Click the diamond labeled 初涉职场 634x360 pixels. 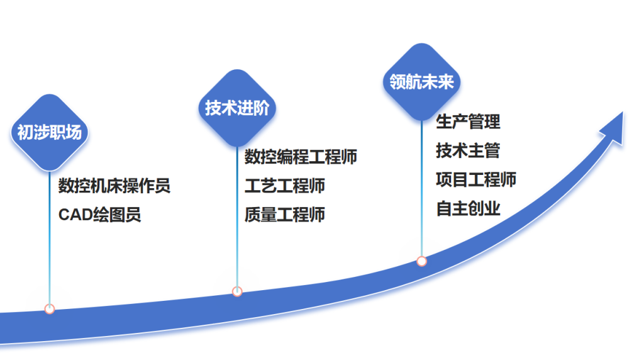pyautogui.click(x=50, y=133)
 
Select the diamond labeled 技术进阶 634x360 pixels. pyautogui.click(x=237, y=108)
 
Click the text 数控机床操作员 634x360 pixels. pyautogui.click(x=114, y=186)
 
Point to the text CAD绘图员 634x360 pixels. pyautogui.click(x=99, y=215)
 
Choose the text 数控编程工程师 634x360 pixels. pyautogui.click(x=301, y=157)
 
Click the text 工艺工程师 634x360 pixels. pyautogui.click(x=284, y=186)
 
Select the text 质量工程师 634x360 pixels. pyautogui.click(x=284, y=215)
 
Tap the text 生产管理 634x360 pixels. pyautogui.click(x=468, y=121)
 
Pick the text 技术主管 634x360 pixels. pyautogui.click(x=468, y=150)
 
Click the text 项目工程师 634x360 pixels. pyautogui.click(x=476, y=179)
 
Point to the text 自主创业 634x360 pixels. pyautogui.click(x=468, y=208)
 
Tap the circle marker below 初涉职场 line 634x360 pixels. pyautogui.click(x=50, y=308)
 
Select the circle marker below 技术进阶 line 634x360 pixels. pyautogui.click(x=237, y=291)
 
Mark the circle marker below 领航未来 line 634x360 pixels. pyautogui.click(x=421, y=261)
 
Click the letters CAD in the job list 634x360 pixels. pyautogui.click(x=75, y=215)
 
